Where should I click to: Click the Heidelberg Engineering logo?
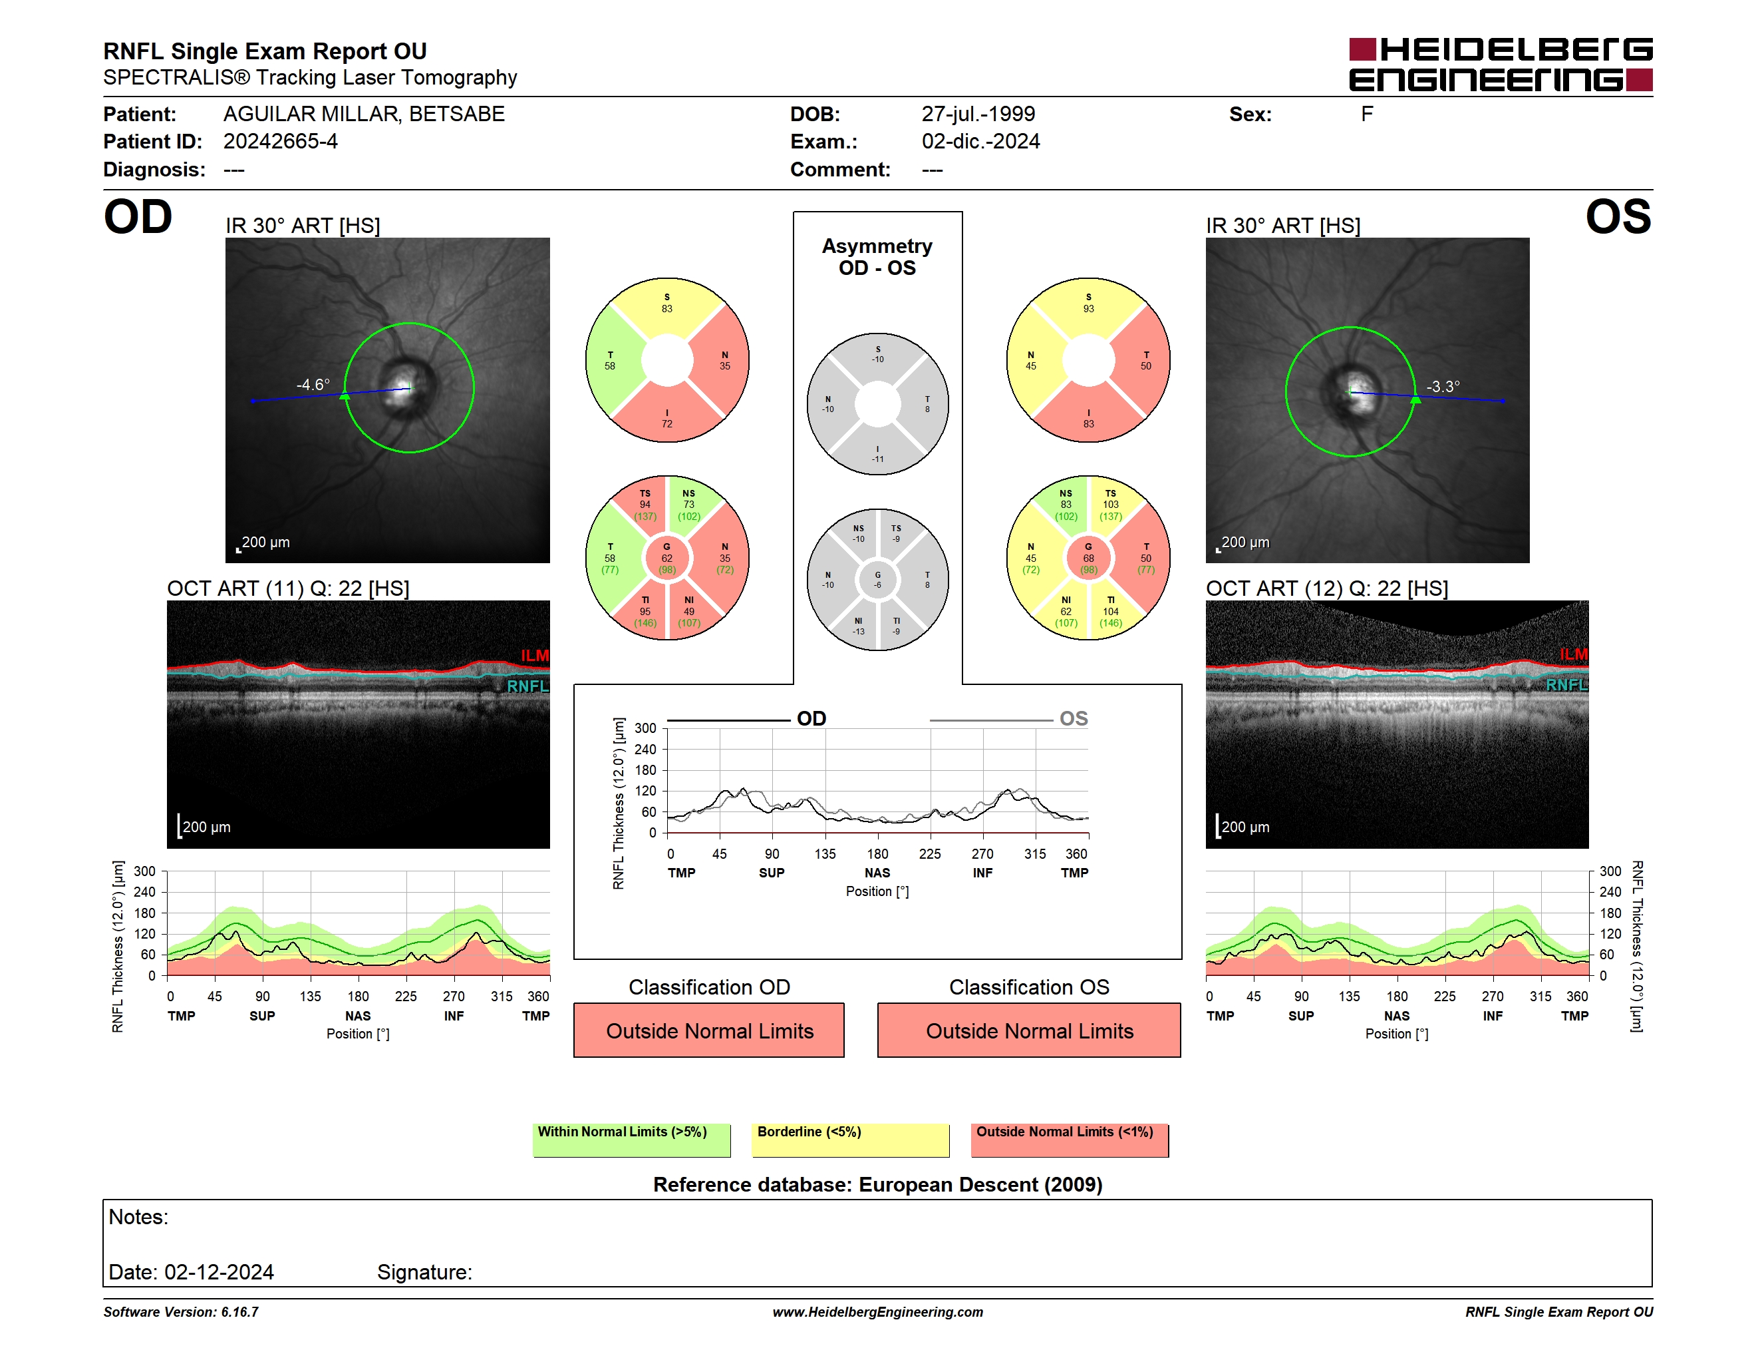pyautogui.click(x=1501, y=65)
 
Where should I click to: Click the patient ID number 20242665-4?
pyautogui.click(x=281, y=142)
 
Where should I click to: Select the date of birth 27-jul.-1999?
pyautogui.click(x=978, y=114)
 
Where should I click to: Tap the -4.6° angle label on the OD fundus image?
pyautogui.click(x=313, y=385)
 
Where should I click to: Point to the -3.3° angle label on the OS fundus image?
pyautogui.click(x=1443, y=386)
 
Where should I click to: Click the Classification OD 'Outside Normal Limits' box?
pyautogui.click(x=709, y=1030)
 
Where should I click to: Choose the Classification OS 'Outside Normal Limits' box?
pyautogui.click(x=1029, y=1030)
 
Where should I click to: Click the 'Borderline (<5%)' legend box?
pyautogui.click(x=851, y=1140)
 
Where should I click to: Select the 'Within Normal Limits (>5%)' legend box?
pyautogui.click(x=631, y=1140)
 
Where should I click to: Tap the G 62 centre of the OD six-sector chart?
pyautogui.click(x=666, y=558)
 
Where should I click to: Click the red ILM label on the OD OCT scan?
pyautogui.click(x=535, y=656)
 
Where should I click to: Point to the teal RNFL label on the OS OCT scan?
pyautogui.click(x=1566, y=684)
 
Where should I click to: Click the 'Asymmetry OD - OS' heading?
pyautogui.click(x=877, y=257)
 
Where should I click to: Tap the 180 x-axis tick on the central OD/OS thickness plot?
pyautogui.click(x=877, y=853)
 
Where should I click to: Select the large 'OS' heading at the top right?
pyautogui.click(x=1618, y=217)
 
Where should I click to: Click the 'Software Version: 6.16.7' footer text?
pyautogui.click(x=181, y=1312)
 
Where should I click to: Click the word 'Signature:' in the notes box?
pyautogui.click(x=424, y=1272)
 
